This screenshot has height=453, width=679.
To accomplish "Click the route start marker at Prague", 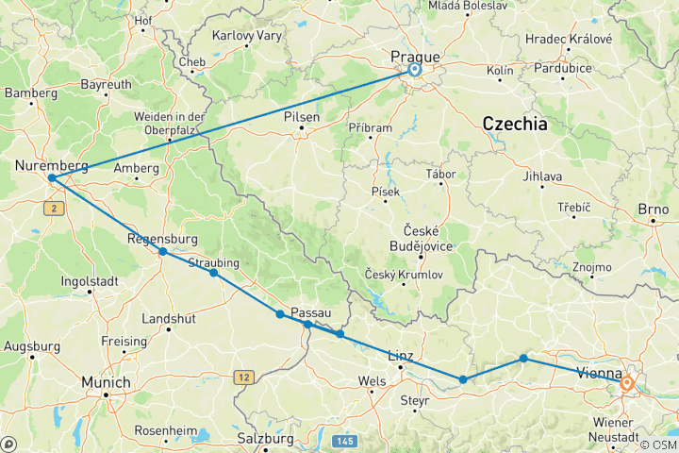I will click(415, 69).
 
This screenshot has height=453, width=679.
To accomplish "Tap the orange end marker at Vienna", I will click(626, 383).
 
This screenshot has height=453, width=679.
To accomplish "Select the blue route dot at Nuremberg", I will click(52, 177).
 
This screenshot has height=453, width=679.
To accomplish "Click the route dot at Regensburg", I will click(163, 251).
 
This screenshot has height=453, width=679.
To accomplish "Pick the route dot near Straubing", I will click(213, 273).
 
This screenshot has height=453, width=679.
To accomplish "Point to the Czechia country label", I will click(514, 123).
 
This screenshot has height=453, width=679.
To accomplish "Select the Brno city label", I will click(653, 209).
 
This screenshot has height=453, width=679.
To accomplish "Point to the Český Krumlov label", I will click(403, 274).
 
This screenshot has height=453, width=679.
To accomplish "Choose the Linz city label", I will click(402, 356).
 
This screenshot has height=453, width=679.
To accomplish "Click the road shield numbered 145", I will click(343, 441).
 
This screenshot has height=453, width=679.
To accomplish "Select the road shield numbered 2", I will click(56, 208).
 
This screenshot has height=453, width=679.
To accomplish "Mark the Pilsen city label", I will click(302, 118).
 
